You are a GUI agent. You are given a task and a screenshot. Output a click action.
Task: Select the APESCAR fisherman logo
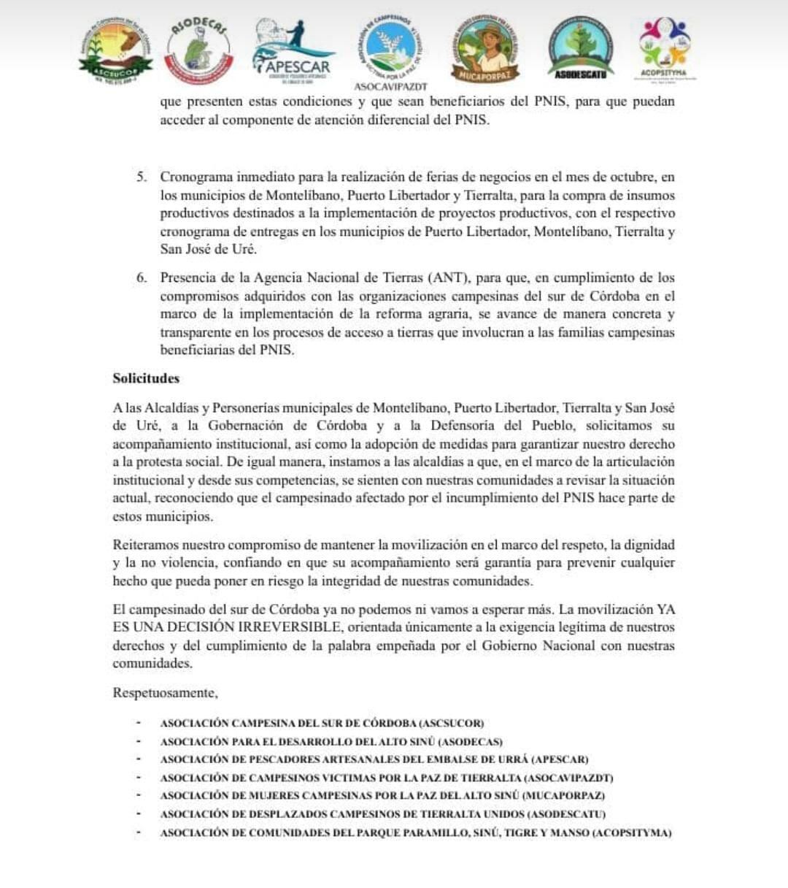[292, 48]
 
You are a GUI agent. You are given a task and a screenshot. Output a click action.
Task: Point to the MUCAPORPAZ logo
[485, 50]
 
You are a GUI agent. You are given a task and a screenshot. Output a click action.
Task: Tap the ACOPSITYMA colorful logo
[663, 47]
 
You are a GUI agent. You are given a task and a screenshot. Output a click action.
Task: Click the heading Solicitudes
[146, 378]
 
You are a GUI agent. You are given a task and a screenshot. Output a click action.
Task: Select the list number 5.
[141, 177]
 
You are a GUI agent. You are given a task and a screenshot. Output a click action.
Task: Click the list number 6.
[141, 277]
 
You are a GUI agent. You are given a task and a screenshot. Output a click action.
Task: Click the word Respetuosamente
[165, 692]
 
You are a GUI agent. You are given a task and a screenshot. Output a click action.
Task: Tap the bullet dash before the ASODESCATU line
[137, 814]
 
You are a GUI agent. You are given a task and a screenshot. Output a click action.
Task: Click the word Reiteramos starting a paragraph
[144, 545]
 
